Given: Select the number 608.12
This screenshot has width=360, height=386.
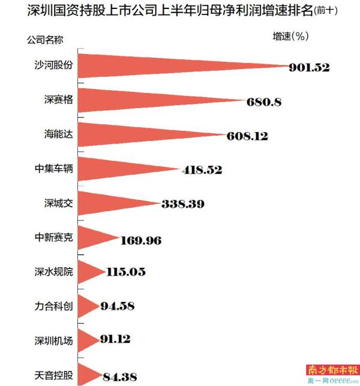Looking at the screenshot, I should pos(247,136).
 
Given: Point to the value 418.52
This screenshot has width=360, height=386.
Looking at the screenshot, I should pos(202,170).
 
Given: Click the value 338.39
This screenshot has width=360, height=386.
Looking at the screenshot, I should pos(182,204).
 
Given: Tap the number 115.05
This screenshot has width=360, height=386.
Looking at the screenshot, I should pos(125,272).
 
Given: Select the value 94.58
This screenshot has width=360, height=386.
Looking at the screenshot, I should pos(118,307).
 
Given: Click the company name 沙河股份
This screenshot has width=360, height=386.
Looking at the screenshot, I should pos(53,65).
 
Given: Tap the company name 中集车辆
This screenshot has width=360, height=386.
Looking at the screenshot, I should pos(53,169).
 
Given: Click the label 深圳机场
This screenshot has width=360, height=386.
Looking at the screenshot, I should pos(53,341).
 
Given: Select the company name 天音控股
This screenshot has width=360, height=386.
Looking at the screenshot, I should pos(53,376).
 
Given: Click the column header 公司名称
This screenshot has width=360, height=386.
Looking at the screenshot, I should pos(45,40).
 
